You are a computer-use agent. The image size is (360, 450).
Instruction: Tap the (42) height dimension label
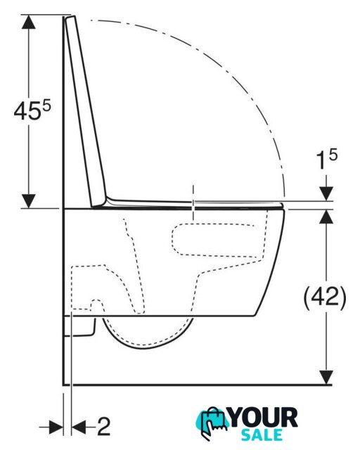325,298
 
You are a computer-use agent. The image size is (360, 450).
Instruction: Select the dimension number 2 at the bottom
103,426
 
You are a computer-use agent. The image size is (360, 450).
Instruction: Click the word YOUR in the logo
264,418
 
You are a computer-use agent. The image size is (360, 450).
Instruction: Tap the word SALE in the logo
262,435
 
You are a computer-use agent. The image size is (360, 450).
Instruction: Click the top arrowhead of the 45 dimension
28,22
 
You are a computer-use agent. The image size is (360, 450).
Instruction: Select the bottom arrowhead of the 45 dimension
28,201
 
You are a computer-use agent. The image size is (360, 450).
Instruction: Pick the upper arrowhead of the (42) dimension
326,217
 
